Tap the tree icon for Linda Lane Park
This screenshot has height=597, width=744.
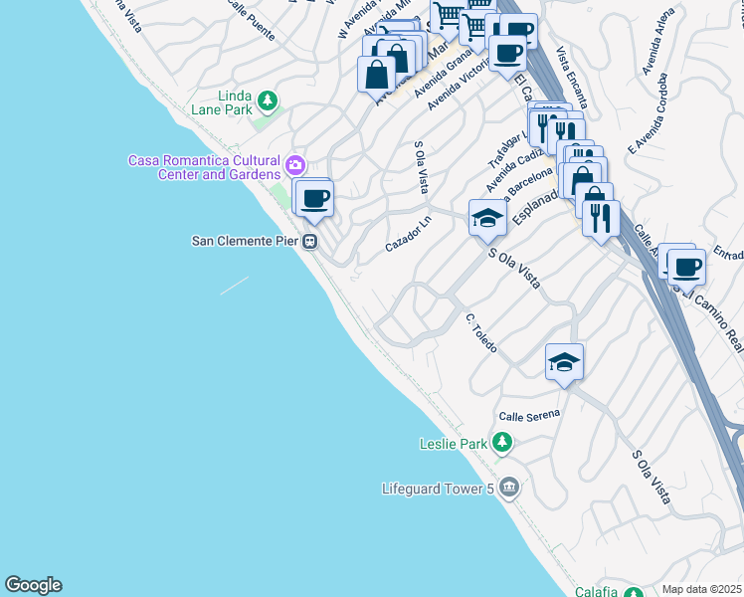click(267, 100)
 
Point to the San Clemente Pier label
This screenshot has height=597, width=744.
click(246, 241)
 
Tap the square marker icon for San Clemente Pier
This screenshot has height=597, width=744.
click(310, 241)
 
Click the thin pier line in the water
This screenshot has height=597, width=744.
click(234, 286)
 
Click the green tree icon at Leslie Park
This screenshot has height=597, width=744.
click(502, 442)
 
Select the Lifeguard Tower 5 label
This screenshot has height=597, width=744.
click(438, 489)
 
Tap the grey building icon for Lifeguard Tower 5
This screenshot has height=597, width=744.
click(509, 488)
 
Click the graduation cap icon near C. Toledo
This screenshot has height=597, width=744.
click(564, 363)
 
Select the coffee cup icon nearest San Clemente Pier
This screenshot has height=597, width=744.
click(315, 198)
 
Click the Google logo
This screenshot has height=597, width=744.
click(34, 585)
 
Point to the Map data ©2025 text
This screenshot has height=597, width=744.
click(702, 589)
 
